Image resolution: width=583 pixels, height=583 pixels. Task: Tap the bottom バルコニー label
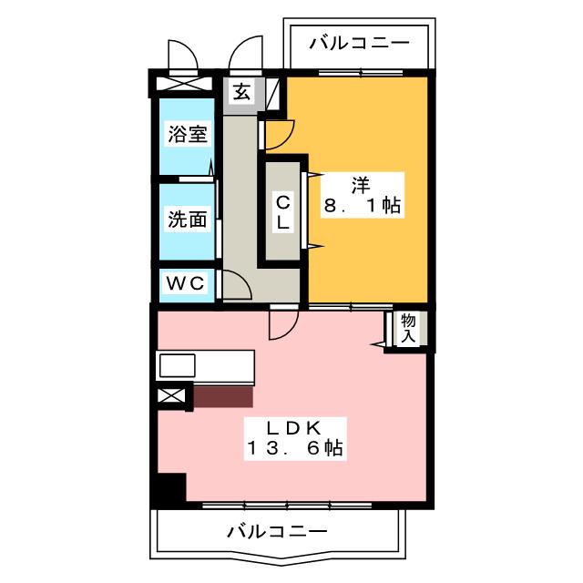coord(276,531)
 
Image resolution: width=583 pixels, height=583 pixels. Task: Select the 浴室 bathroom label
coord(188,136)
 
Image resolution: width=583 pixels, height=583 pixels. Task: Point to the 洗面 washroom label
coord(188,220)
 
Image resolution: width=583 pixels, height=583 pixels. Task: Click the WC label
coord(186,283)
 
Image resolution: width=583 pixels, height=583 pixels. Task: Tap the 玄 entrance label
coord(241,91)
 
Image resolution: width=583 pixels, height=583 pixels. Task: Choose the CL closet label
coord(283,211)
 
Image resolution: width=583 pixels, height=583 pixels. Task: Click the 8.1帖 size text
coord(362,206)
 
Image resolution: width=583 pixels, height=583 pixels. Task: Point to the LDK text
coord(293,426)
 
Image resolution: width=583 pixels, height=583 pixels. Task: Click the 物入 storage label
coord(408,329)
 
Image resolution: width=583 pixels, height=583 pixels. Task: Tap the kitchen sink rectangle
coord(178,366)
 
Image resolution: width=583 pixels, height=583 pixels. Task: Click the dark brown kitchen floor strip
coord(223,395)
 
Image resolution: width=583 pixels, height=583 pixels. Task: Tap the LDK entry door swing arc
coord(281,322)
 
